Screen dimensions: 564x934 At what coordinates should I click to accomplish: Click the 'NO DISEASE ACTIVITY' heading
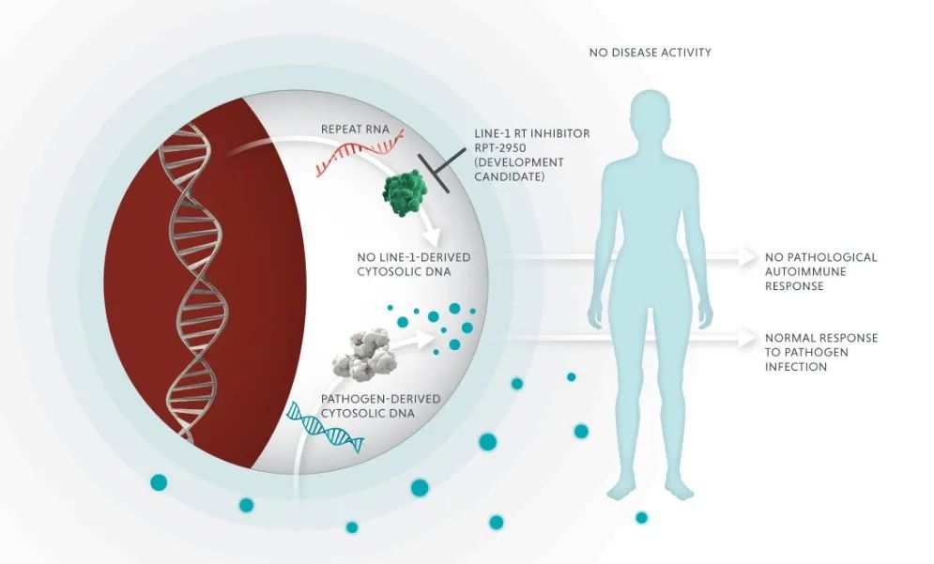pyautogui.click(x=650, y=53)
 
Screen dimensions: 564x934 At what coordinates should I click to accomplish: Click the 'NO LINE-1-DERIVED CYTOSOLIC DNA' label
pyautogui.click(x=413, y=264)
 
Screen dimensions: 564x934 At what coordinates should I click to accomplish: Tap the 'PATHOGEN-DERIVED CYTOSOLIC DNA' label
pyautogui.click(x=368, y=404)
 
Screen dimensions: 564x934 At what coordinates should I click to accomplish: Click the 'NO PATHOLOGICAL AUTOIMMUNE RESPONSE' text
pyautogui.click(x=820, y=271)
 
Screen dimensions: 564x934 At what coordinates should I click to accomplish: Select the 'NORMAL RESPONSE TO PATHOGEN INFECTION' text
pyautogui.click(x=820, y=352)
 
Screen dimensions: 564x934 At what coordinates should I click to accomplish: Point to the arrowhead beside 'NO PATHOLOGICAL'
pyautogui.click(x=749, y=256)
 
